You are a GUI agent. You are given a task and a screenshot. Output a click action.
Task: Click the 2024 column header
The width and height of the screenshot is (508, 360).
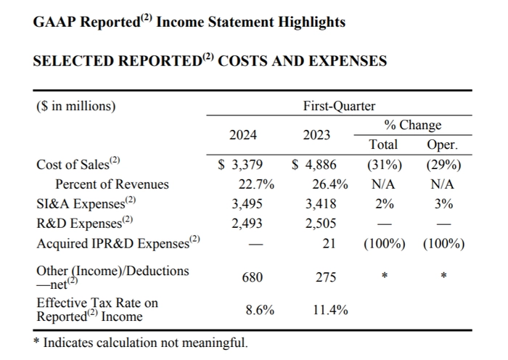(x=242, y=135)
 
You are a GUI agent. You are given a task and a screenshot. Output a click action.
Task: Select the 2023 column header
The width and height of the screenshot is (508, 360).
(x=316, y=135)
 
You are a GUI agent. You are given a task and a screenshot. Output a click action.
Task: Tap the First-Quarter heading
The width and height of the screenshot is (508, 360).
(x=339, y=106)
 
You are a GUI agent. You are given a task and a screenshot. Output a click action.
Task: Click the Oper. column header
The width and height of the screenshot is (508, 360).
(x=443, y=144)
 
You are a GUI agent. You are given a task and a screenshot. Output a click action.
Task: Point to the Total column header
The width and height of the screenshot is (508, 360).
(x=383, y=144)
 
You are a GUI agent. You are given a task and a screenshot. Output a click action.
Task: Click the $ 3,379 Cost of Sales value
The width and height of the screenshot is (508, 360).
(x=241, y=164)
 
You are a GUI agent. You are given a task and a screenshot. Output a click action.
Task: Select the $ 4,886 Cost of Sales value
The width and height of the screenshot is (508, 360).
(x=314, y=164)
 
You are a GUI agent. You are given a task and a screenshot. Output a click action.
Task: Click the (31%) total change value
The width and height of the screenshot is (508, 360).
(x=383, y=164)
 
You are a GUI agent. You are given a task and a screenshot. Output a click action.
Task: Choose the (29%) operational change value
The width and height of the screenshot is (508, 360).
(x=443, y=164)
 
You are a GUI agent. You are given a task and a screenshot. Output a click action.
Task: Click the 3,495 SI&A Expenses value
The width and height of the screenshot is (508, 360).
(x=247, y=204)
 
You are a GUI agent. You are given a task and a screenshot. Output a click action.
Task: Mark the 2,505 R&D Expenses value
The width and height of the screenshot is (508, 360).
(x=320, y=224)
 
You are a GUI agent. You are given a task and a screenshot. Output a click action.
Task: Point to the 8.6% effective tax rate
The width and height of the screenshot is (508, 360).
(x=260, y=310)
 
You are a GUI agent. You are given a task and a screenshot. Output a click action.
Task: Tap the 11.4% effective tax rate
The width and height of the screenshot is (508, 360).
(x=330, y=310)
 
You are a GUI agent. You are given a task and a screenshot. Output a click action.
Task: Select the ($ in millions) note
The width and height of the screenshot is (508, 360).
(x=76, y=106)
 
